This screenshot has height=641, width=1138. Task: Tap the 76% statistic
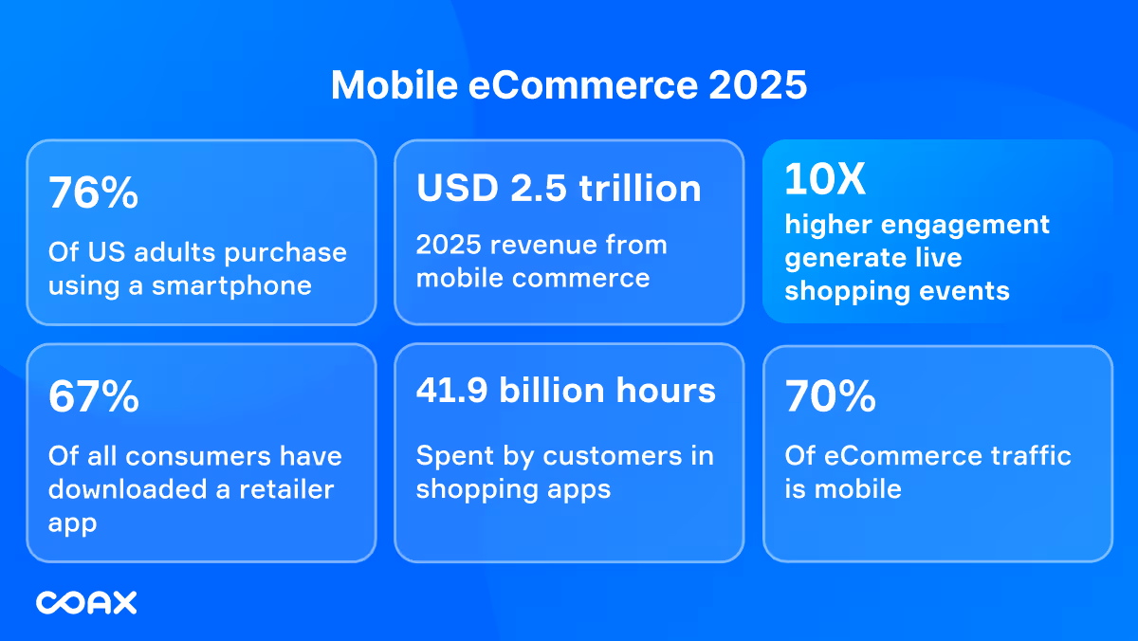(x=93, y=194)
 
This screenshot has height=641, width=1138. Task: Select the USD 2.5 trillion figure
(x=559, y=188)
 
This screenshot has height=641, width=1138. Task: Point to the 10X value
(x=825, y=180)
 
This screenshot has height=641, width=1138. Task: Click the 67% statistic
(x=93, y=398)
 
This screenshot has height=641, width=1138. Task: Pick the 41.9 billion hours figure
(x=565, y=391)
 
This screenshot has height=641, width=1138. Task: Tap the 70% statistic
(x=830, y=398)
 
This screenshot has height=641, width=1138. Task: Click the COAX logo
(x=86, y=602)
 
